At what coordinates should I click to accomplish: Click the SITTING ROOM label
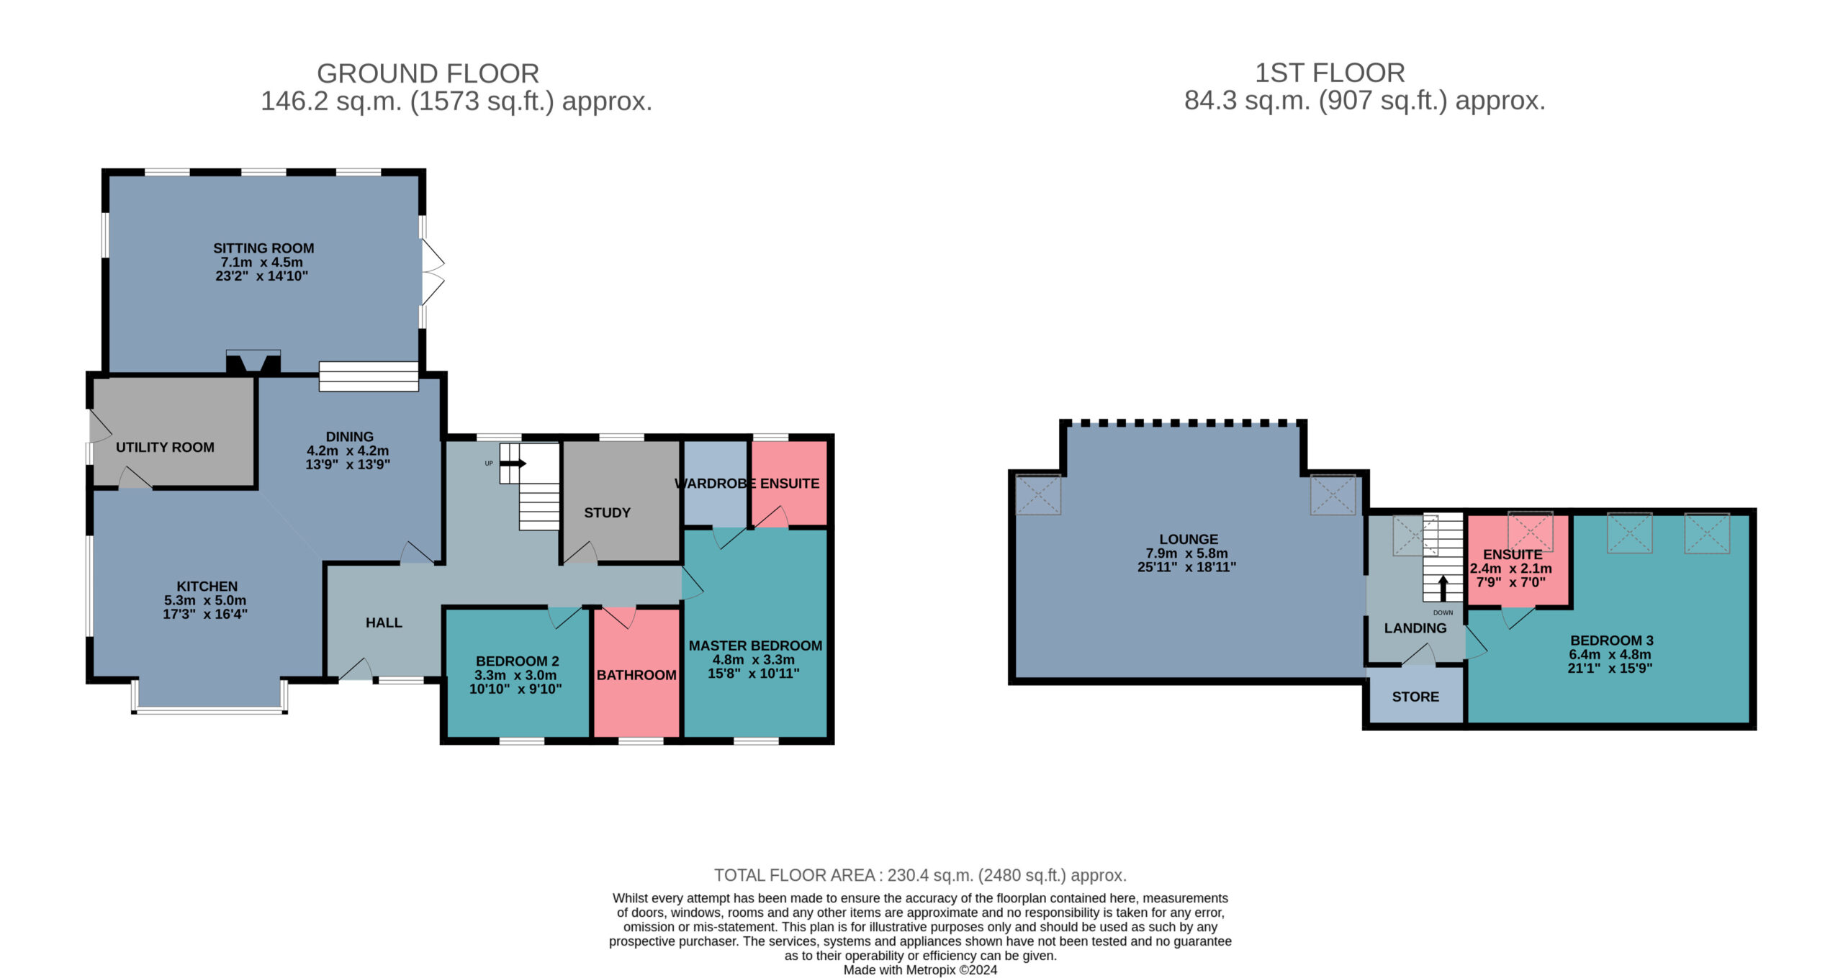click(263, 248)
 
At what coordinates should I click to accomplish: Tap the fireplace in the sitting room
click(253, 362)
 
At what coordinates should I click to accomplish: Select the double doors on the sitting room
click(433, 272)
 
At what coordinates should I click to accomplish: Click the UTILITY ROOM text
click(165, 447)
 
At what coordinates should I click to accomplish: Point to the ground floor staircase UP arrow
click(513, 463)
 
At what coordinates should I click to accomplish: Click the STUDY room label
click(607, 512)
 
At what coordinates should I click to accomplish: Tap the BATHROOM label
click(636, 675)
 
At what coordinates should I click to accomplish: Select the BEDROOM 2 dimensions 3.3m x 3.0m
click(516, 675)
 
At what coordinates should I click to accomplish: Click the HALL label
click(384, 622)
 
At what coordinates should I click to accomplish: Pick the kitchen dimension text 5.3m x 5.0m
click(205, 600)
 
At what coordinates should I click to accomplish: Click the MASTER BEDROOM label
click(755, 646)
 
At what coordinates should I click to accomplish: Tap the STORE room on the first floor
click(1415, 697)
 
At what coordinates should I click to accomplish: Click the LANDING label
click(1415, 628)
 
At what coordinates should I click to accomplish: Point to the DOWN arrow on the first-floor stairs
click(1443, 588)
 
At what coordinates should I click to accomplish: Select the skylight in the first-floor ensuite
click(1531, 531)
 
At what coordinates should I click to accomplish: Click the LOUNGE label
click(1189, 539)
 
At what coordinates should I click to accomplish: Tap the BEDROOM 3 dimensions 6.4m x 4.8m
click(1610, 654)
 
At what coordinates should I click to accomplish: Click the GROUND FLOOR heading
click(428, 73)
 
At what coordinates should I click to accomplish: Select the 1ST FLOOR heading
click(1330, 73)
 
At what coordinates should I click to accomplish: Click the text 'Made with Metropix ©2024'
click(920, 969)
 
